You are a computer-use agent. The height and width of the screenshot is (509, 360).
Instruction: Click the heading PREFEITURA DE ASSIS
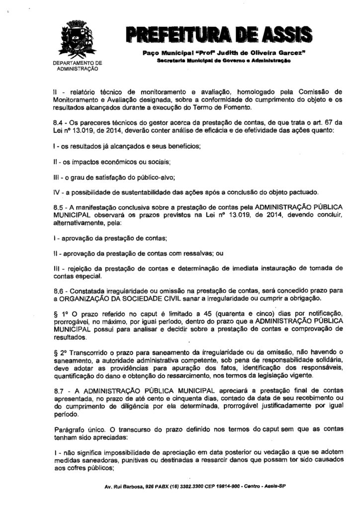pos(220,35)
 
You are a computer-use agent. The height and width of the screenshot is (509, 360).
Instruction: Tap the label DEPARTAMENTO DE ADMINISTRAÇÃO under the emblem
pos(77,66)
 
